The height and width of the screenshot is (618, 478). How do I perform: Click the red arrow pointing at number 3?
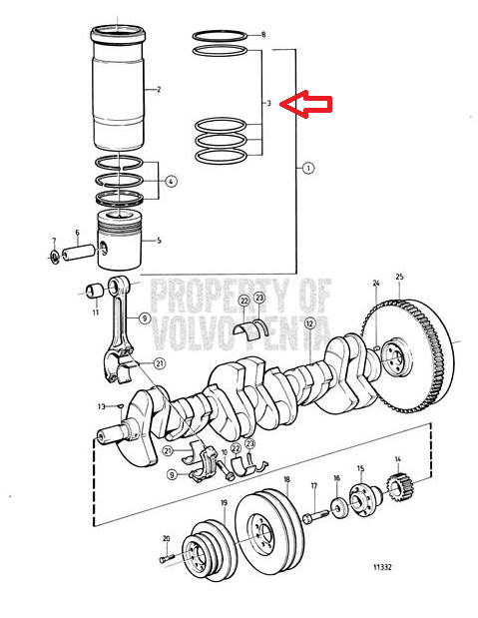point(305,104)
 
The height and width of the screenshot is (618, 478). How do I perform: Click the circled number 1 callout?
point(308,169)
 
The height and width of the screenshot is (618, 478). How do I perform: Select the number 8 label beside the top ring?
point(263,35)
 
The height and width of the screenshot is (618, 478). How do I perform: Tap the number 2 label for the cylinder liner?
point(159,90)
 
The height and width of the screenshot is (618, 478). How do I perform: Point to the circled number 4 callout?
point(171,182)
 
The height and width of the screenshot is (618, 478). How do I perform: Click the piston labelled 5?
point(120,241)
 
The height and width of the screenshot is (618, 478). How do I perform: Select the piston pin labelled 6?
point(79,253)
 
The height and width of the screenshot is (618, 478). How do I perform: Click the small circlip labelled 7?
point(54,257)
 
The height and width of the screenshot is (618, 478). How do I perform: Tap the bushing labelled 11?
point(95,291)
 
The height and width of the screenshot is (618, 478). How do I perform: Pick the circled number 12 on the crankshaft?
point(310,323)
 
